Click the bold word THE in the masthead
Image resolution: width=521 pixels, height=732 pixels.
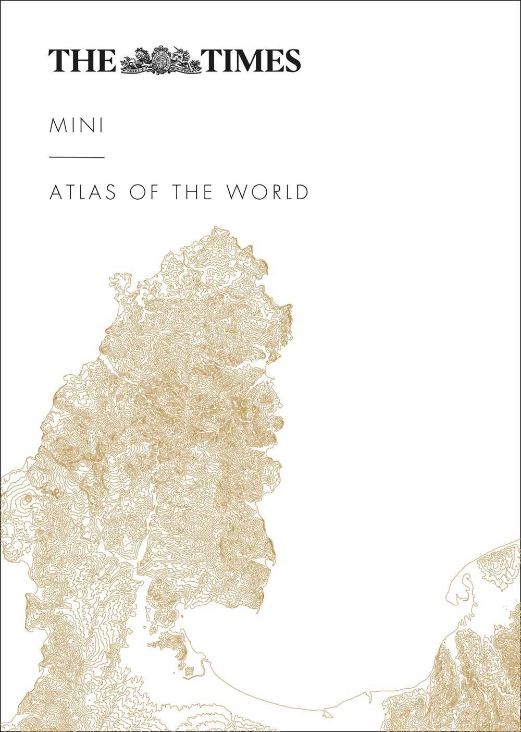click(x=82, y=60)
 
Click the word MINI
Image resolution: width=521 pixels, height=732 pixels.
click(x=76, y=126)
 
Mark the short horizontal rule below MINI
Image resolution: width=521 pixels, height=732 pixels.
click(x=77, y=157)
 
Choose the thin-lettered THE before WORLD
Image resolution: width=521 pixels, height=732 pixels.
click(x=192, y=192)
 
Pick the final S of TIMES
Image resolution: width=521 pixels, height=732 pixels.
click(x=292, y=60)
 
